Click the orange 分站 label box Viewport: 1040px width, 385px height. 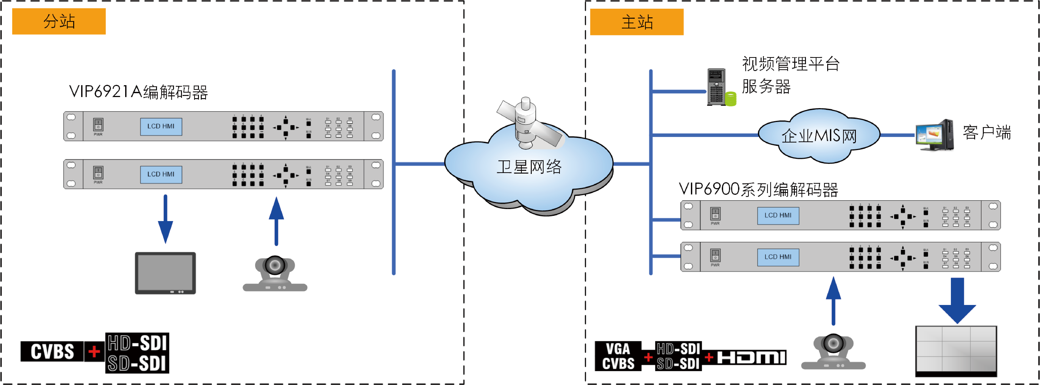tap(59, 21)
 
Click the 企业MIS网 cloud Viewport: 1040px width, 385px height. tap(819, 136)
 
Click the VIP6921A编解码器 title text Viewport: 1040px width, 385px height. tap(138, 92)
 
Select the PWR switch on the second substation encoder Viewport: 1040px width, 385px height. tap(98, 173)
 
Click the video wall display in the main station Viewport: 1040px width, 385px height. tap(956, 350)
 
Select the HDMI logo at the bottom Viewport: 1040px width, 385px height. tap(751, 357)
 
